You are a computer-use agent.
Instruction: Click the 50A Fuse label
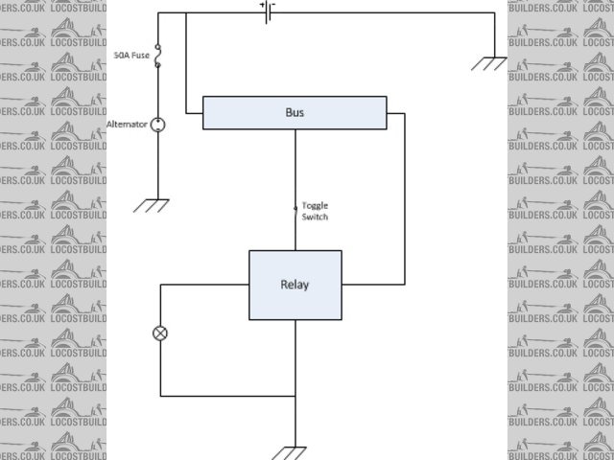click(x=132, y=56)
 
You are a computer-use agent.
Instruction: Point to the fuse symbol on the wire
click(x=159, y=56)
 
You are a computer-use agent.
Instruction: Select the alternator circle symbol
click(x=159, y=125)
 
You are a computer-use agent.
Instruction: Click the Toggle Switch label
click(x=315, y=211)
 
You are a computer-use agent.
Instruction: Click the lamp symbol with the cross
click(x=160, y=333)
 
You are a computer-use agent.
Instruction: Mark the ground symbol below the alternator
click(x=152, y=204)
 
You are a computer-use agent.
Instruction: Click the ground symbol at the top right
click(x=490, y=65)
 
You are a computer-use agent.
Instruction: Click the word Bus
click(x=295, y=112)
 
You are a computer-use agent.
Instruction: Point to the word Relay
click(x=295, y=285)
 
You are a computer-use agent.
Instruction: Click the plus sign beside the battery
click(x=260, y=5)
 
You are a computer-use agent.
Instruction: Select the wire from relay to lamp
click(x=201, y=285)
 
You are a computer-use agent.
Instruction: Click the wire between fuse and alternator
click(x=159, y=91)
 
